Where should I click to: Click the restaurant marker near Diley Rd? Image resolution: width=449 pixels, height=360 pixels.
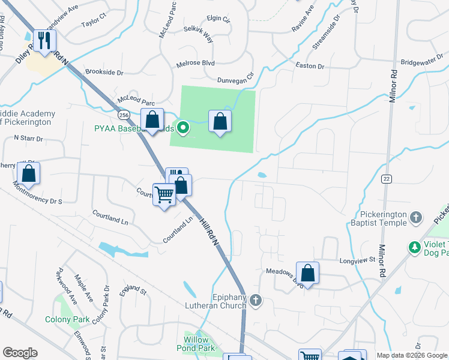click(44, 41)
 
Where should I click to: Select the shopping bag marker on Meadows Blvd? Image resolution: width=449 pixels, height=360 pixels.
click(307, 274)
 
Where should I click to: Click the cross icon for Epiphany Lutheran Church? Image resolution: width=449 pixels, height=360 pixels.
click(256, 299)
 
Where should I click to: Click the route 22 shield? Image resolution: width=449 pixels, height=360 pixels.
click(387, 179)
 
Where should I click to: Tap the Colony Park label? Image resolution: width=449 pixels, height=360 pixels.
click(67, 319)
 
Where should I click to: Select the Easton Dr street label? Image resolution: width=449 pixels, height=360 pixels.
click(309, 67)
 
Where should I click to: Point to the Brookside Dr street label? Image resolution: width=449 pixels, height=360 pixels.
click(104, 72)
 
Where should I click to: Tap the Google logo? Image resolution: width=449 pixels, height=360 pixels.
click(20, 353)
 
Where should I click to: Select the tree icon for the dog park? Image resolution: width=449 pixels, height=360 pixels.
click(414, 247)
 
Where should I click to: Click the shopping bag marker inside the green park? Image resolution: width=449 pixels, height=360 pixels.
click(220, 122)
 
